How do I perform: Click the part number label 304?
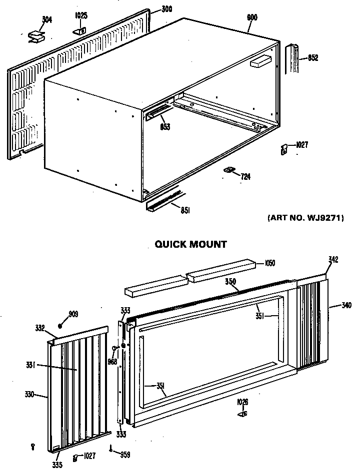coord(46,20)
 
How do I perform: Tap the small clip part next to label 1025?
coord(80,30)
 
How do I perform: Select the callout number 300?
coord(166,9)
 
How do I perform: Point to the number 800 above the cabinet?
coord(252,17)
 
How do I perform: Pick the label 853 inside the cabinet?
coord(165,127)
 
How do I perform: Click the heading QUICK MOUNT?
coord(190,244)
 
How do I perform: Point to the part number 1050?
coord(270,263)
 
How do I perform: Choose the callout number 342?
coord(333,260)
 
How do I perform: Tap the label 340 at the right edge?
coord(345,305)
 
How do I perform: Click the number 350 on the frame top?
coord(230,282)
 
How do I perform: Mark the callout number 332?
coord(40,328)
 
